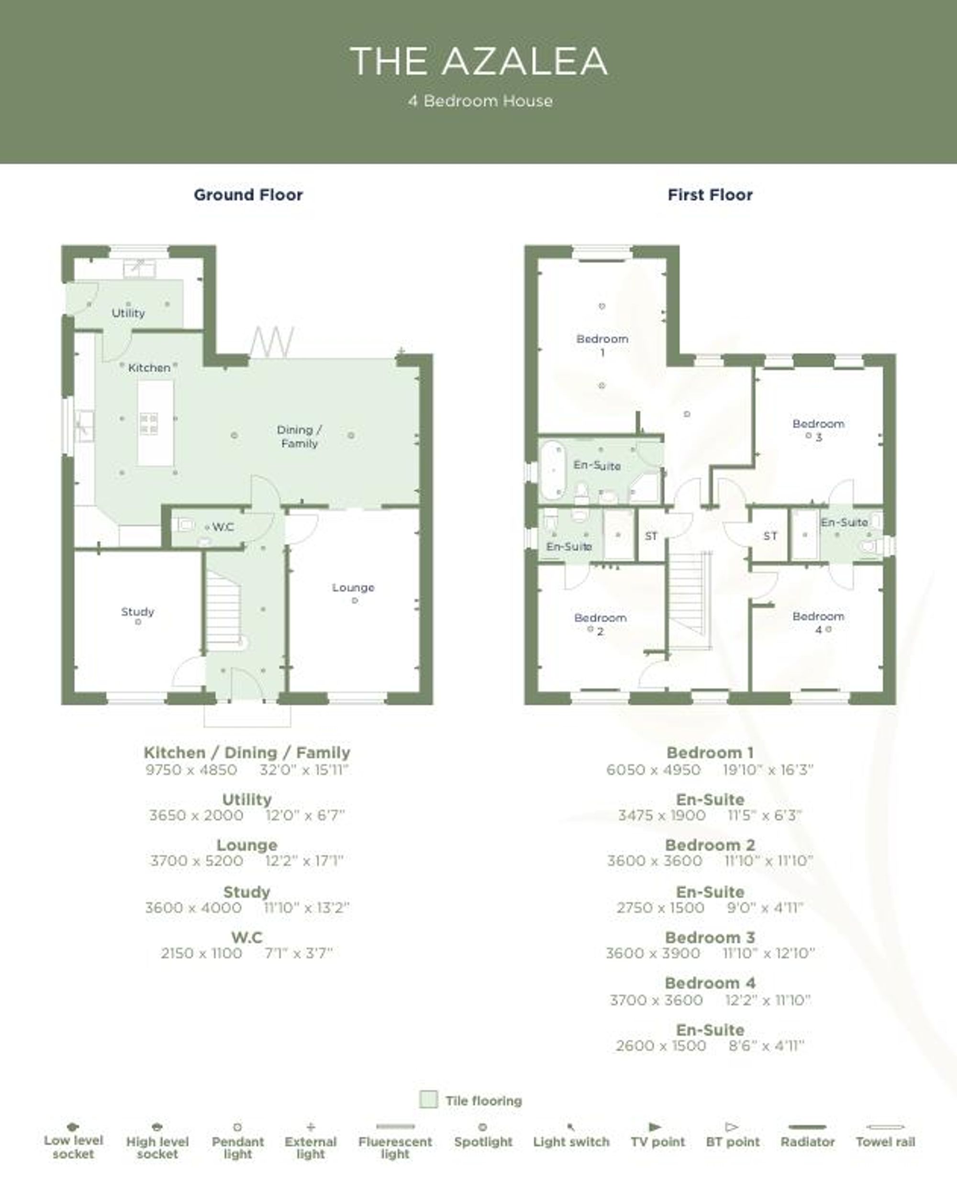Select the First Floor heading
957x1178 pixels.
[710, 195]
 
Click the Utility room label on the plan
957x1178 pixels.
[128, 313]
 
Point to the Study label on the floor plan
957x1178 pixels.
[138, 612]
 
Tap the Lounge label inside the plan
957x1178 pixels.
[353, 588]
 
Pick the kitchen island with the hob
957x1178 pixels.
[155, 423]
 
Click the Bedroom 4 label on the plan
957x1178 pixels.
[819, 623]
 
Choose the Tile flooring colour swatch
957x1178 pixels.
[428, 1099]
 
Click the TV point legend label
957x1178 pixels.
[657, 1142]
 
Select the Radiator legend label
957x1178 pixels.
[808, 1142]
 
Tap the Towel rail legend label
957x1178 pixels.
[885, 1142]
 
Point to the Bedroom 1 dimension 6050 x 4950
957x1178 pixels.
[653, 769]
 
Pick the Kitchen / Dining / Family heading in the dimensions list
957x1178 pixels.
[247, 753]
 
